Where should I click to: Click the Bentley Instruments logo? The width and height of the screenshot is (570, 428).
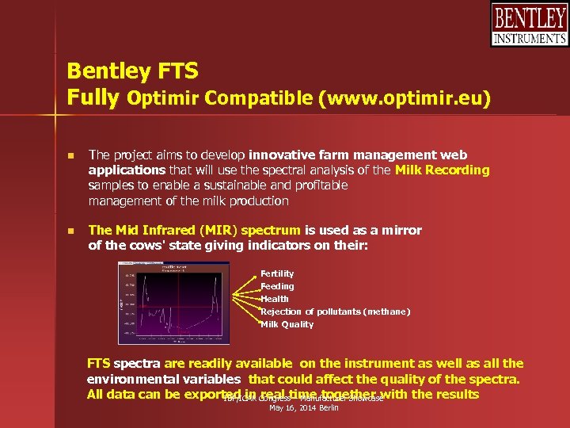[529, 25]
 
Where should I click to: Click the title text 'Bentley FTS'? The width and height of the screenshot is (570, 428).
[132, 71]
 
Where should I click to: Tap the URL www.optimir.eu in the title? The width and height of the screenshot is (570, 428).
[404, 99]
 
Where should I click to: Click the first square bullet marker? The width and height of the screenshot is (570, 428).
[70, 155]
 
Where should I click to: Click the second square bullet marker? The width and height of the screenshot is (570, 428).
[70, 231]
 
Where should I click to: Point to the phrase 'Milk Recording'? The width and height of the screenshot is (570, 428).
[443, 170]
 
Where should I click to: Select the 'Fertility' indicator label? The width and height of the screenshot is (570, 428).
[277, 273]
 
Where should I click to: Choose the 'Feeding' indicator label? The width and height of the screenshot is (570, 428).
[277, 286]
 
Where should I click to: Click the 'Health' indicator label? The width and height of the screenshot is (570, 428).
[275, 299]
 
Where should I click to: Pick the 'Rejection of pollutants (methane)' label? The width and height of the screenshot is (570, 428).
[336, 311]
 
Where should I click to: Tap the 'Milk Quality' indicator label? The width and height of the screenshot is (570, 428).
[287, 324]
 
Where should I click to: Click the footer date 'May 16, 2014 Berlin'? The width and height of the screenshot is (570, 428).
[304, 407]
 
